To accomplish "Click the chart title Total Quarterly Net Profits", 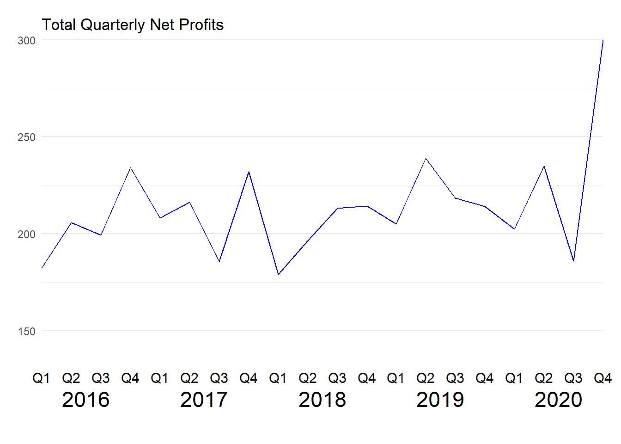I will click(133, 25).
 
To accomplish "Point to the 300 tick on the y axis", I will click(26, 40).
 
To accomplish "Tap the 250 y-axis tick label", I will click(26, 137).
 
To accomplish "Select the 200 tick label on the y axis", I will click(26, 234).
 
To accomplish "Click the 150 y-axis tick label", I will click(26, 331).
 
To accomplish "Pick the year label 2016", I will click(85, 400).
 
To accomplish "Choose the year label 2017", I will click(204, 400).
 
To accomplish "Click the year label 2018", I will click(322, 400).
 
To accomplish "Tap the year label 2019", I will click(440, 400).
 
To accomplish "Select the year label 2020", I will click(558, 400).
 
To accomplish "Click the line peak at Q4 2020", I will click(603, 40).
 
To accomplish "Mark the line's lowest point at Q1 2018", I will click(278, 274).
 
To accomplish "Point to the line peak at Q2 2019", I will click(426, 159).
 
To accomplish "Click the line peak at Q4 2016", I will click(130, 168).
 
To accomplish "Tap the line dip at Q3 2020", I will click(573, 261).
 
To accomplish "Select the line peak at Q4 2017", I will click(249, 172).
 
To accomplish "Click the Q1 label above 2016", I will click(41, 378).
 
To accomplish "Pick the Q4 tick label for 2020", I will click(603, 378).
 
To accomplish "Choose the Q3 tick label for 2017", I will click(219, 378).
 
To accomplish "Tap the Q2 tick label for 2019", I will click(426, 378).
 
